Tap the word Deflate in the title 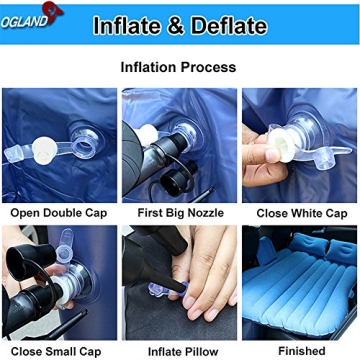226,25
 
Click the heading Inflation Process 178,68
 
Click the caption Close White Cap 300,213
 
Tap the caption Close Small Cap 58,350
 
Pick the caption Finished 300,350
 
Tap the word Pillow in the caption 199,350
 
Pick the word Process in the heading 209,68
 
